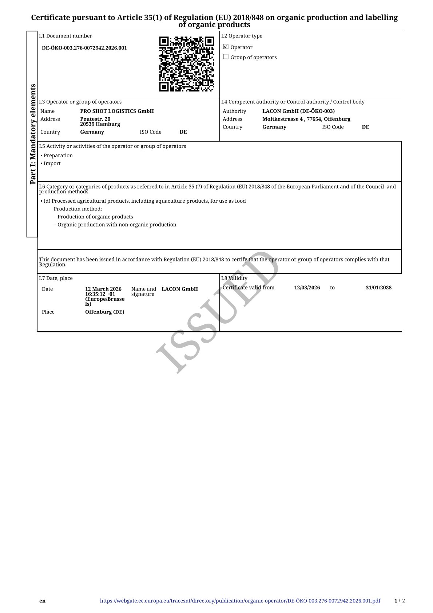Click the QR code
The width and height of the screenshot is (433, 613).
point(187,64)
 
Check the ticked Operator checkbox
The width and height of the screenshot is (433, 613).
point(226,47)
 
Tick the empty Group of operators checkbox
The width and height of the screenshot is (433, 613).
point(226,57)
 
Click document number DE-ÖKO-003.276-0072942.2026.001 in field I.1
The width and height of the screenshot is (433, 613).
point(84,48)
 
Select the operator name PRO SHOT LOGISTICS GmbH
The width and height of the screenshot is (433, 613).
point(117,111)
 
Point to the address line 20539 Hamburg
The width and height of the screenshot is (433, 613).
point(100,124)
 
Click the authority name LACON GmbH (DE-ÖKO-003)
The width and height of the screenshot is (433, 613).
point(298,111)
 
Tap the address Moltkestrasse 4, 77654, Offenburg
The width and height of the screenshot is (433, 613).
point(306,119)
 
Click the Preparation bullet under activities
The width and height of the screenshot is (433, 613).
point(58,155)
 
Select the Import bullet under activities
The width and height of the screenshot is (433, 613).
point(52,163)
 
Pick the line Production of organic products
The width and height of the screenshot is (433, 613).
point(95,217)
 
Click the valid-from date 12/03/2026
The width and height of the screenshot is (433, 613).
point(307,288)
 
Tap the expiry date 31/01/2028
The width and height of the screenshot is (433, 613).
point(378,288)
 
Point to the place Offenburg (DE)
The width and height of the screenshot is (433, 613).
point(105,312)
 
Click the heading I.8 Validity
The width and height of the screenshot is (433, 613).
point(234,278)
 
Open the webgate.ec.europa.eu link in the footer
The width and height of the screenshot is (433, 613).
point(240,601)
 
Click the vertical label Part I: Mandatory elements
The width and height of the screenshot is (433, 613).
point(33,134)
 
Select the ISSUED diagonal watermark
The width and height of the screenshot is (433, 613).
point(218,312)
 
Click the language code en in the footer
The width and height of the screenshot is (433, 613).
point(43,601)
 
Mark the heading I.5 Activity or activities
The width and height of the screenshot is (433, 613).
point(112,146)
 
